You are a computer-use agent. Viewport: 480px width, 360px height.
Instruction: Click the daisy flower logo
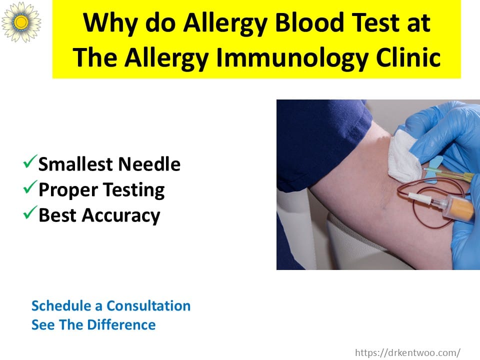click(21, 21)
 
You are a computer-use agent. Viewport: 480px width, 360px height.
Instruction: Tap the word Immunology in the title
click(292, 57)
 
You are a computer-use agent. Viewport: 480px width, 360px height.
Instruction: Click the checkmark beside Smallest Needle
click(30, 161)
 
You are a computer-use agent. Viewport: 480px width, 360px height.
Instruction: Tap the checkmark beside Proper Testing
click(30, 187)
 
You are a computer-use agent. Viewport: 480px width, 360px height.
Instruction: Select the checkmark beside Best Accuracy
click(30, 212)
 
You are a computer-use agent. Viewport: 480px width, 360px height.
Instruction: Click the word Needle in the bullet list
click(149, 164)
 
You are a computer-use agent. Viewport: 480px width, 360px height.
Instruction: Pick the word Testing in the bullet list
click(133, 190)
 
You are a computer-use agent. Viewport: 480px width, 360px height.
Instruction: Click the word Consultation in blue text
click(148, 306)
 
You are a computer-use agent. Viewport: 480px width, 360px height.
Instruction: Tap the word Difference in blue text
click(121, 325)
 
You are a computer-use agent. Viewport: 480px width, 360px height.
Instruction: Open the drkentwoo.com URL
click(407, 352)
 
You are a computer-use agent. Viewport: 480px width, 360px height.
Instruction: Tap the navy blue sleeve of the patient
click(318, 141)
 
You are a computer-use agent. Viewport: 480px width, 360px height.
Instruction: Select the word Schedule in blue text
click(61, 306)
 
